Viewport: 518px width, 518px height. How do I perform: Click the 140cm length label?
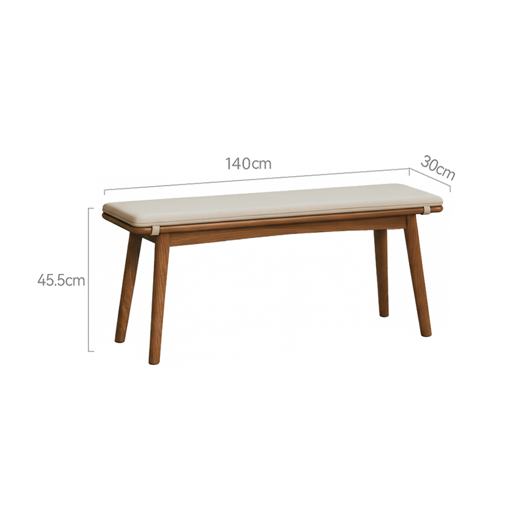[248, 164]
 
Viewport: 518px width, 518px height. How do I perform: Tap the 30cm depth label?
[438, 168]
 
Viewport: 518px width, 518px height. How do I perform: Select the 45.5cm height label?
[61, 281]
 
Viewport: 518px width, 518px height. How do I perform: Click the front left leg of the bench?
[159, 298]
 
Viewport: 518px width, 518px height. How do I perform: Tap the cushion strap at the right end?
[428, 210]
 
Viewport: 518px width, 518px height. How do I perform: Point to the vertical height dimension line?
[88, 280]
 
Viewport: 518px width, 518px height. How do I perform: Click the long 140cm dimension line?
[257, 179]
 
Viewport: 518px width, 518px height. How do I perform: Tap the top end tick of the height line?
[91, 208]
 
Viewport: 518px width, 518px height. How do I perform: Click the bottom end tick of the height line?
[91, 351]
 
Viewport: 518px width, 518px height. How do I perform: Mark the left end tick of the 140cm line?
[105, 192]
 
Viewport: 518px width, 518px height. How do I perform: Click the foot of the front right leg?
[427, 334]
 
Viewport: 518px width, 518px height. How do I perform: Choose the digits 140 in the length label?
[238, 164]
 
